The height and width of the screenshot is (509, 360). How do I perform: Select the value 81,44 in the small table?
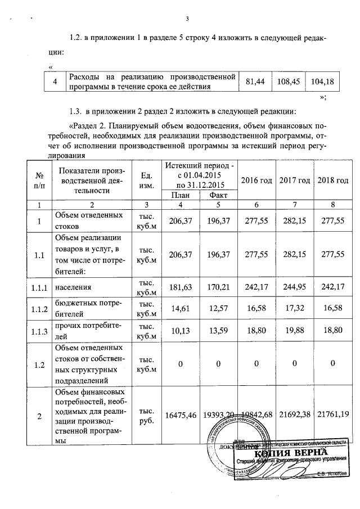255,82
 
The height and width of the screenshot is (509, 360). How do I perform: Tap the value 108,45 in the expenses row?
288,82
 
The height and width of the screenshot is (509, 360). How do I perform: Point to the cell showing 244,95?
295,287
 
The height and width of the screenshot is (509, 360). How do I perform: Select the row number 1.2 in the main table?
39,365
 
